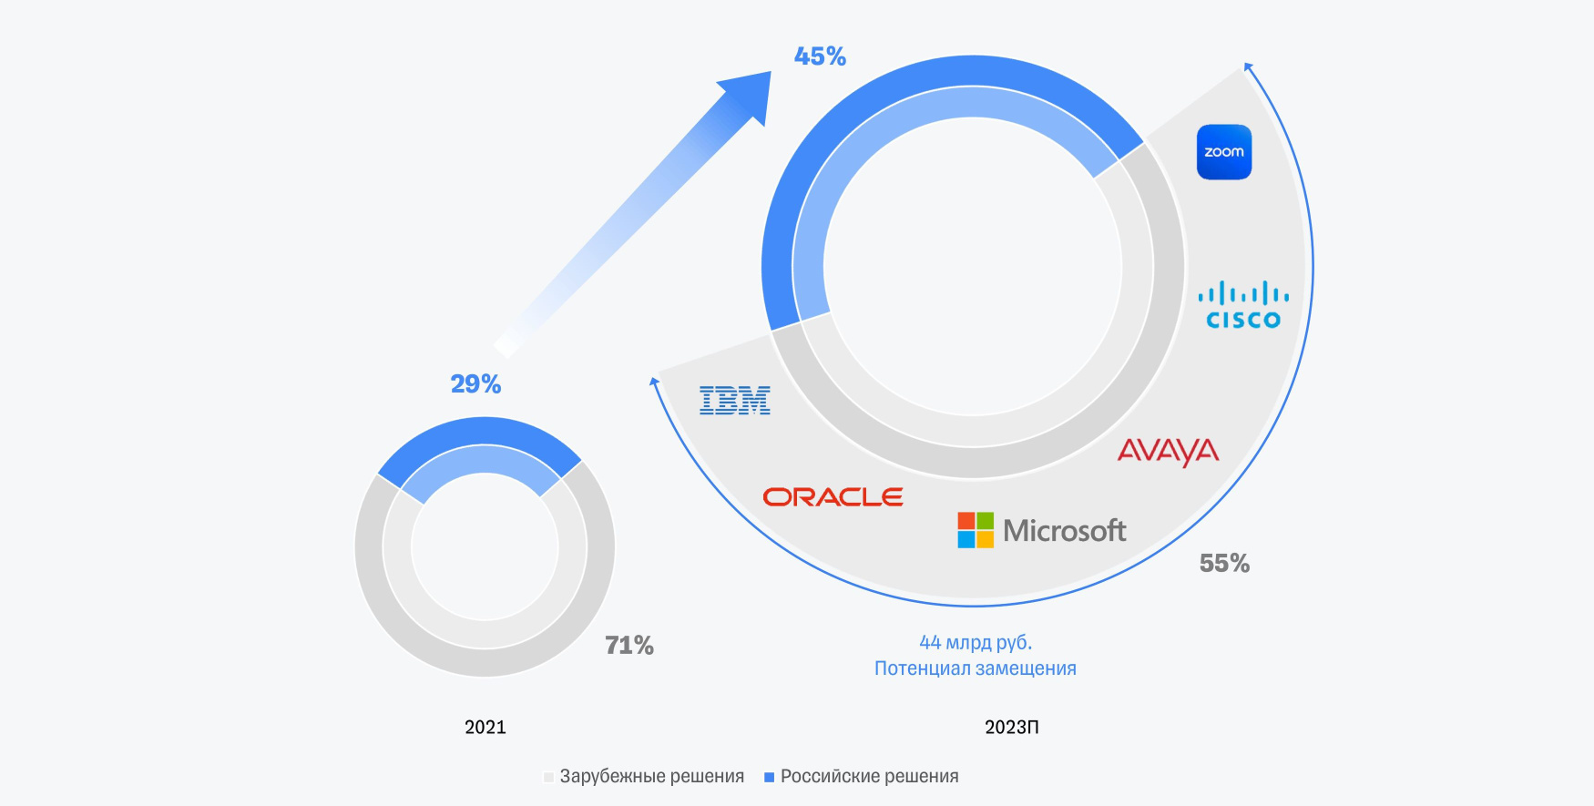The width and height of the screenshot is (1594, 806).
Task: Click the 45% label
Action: pyautogui.click(x=820, y=56)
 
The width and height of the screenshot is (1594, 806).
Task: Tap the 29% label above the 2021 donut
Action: pyautogui.click(x=475, y=384)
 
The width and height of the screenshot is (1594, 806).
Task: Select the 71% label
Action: pyautogui.click(x=629, y=646)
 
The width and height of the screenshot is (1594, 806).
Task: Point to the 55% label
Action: pyautogui.click(x=1224, y=564)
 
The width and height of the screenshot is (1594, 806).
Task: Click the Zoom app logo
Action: pyautogui.click(x=1223, y=152)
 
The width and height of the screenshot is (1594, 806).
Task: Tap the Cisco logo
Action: pyautogui.click(x=1243, y=306)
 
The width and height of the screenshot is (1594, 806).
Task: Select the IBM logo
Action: pyautogui.click(x=734, y=401)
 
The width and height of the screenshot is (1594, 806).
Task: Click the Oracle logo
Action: pyautogui.click(x=833, y=497)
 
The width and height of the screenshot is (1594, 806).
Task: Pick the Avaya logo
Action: pyautogui.click(x=1168, y=452)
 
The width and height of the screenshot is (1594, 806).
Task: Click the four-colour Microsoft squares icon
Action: pyautogui.click(x=976, y=530)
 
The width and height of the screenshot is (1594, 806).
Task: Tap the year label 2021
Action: pyautogui.click(x=485, y=727)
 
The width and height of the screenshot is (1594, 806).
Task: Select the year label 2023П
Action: pyautogui.click(x=1011, y=727)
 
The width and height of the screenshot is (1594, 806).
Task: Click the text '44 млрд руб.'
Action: pyautogui.click(x=976, y=642)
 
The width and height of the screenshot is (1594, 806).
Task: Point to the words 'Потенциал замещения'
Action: pyautogui.click(x=975, y=668)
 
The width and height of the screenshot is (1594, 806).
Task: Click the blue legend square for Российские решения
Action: pyautogui.click(x=769, y=777)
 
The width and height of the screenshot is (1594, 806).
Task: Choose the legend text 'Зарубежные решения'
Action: pyautogui.click(x=651, y=777)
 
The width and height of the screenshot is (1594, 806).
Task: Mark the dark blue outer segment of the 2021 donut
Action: pyautogui.click(x=481, y=433)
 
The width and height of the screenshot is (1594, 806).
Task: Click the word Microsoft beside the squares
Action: pyautogui.click(x=1064, y=530)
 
